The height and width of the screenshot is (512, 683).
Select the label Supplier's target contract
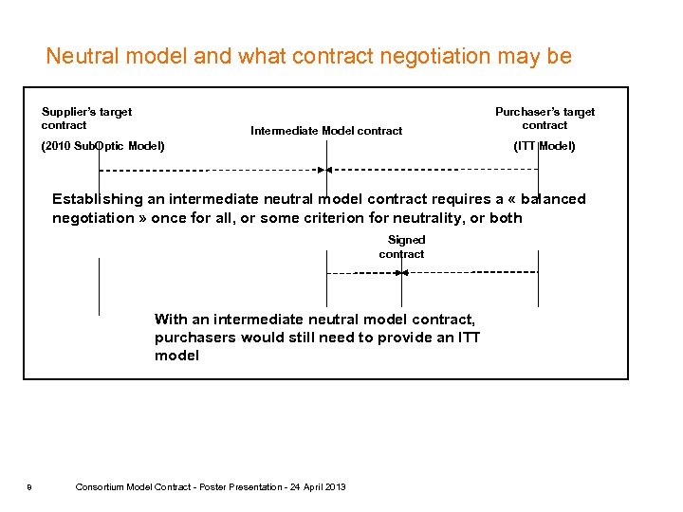pyautogui.click(x=86, y=119)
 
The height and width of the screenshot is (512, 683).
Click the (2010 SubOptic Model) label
pyautogui.click(x=102, y=146)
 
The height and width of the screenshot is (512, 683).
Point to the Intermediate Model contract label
pyautogui.click(x=326, y=131)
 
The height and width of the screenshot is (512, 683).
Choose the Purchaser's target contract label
pyautogui.click(x=545, y=119)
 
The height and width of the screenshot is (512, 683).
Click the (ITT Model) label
pyautogui.click(x=544, y=146)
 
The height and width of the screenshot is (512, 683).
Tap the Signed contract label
pyautogui.click(x=402, y=247)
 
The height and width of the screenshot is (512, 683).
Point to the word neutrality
pyautogui.click(x=439, y=218)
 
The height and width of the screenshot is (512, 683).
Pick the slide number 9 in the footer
pyautogui.click(x=29, y=487)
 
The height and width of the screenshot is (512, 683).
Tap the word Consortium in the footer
pyautogui.click(x=99, y=487)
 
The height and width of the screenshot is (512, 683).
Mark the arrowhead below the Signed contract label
pyautogui.click(x=401, y=272)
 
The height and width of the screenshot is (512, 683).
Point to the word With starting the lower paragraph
pyautogui.click(x=171, y=320)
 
